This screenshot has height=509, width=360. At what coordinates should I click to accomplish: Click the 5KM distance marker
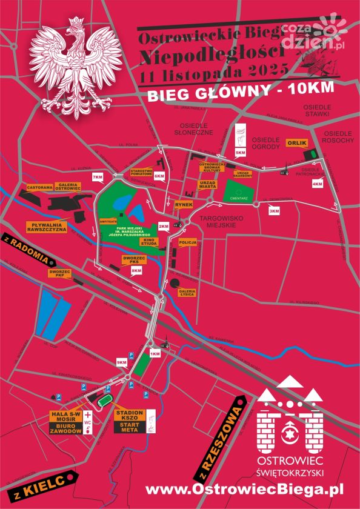point(240,151)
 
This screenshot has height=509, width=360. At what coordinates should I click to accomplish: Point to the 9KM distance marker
point(121,362)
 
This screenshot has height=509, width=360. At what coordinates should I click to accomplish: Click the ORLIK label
point(298,143)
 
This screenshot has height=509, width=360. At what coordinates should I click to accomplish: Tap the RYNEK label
point(183,205)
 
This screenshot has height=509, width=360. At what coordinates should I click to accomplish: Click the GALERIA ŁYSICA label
point(187,293)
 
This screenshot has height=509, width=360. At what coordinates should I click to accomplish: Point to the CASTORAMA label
point(39,188)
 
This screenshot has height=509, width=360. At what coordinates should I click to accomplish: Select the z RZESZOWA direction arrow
point(219,437)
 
